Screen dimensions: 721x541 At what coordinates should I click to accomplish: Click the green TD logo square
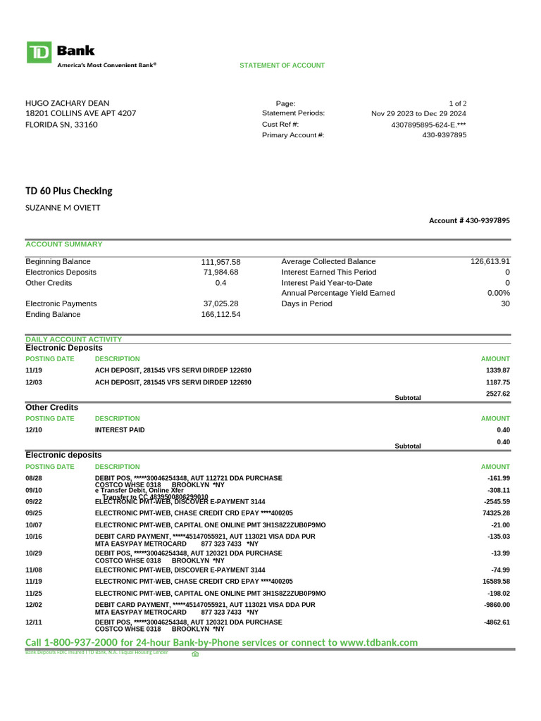tap(39, 53)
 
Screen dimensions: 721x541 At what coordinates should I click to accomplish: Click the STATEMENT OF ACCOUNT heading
tap(282, 65)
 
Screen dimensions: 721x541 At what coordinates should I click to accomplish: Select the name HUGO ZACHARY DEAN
tap(68, 103)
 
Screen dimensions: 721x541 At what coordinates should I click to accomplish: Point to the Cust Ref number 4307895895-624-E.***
tap(428, 125)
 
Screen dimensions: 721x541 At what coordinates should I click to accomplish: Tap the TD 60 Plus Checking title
tap(68, 191)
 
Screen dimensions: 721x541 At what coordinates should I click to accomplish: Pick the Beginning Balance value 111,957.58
tap(220, 261)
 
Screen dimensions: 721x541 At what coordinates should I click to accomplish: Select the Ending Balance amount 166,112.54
tap(220, 315)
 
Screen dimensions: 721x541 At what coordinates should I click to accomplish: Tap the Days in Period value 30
tap(504, 303)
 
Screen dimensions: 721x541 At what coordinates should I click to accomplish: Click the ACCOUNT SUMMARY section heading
tap(64, 244)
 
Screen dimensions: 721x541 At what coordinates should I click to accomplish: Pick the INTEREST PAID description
tap(120, 430)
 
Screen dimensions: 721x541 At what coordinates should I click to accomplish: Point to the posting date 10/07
tap(34, 525)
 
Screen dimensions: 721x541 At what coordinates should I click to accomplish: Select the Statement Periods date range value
tap(418, 113)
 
